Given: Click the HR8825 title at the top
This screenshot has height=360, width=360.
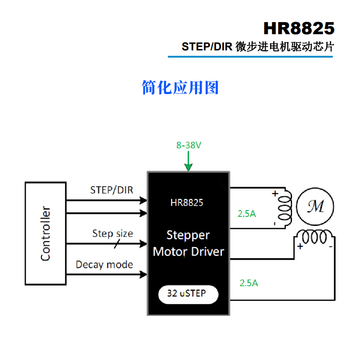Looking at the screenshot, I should [x=299, y=28].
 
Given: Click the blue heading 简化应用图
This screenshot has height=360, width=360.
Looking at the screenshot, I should [x=180, y=87].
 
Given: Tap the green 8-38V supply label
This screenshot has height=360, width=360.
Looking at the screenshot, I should [x=189, y=145].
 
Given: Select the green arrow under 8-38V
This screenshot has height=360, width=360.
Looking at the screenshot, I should [x=189, y=162].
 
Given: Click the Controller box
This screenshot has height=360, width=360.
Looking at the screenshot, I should [x=45, y=233].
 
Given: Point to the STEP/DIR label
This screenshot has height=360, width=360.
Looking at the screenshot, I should [x=112, y=190].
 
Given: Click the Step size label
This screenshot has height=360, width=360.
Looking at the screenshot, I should [x=112, y=233].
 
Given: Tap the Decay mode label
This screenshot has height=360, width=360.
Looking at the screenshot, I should [x=104, y=265].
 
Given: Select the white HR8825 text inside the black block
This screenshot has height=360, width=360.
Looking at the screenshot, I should [x=187, y=202].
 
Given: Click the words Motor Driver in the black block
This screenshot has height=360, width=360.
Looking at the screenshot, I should [x=189, y=251].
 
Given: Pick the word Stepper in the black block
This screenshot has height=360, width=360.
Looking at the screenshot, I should [x=188, y=235].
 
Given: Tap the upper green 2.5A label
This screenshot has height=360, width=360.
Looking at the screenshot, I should [x=247, y=214].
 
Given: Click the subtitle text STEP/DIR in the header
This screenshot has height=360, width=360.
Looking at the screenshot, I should [x=207, y=47].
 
